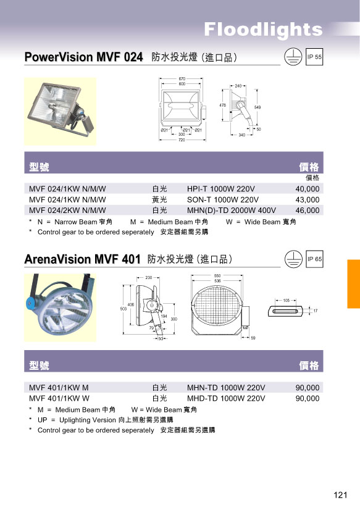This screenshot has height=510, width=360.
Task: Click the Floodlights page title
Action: [x=263, y=30]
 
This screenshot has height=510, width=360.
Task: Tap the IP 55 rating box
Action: [x=314, y=57]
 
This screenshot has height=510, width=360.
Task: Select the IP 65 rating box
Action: [x=314, y=259]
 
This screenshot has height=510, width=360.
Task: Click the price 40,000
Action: [x=308, y=189]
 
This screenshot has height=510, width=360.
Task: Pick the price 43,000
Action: [x=308, y=199]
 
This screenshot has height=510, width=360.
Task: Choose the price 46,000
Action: [x=308, y=211]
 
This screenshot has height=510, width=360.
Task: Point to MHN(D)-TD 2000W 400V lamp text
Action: [x=231, y=211]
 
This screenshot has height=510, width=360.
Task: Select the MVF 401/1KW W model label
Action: [x=59, y=398]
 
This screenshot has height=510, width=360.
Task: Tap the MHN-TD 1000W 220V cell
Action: [x=226, y=388]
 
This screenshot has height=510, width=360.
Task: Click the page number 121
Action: [x=340, y=495]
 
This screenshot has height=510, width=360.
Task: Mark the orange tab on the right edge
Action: [x=353, y=284]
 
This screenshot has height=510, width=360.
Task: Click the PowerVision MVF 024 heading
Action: [x=83, y=57]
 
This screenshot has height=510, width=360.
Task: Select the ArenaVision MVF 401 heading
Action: [x=82, y=259]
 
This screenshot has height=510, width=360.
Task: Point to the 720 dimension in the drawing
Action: [x=182, y=140]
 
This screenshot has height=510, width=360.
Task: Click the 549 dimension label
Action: [x=257, y=107]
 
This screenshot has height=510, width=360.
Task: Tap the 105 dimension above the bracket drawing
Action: [x=286, y=301]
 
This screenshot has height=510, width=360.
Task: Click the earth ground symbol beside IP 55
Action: [x=293, y=57]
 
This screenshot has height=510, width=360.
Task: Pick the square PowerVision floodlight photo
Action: [x=60, y=112]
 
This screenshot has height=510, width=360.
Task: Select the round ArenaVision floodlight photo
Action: [x=60, y=307]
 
